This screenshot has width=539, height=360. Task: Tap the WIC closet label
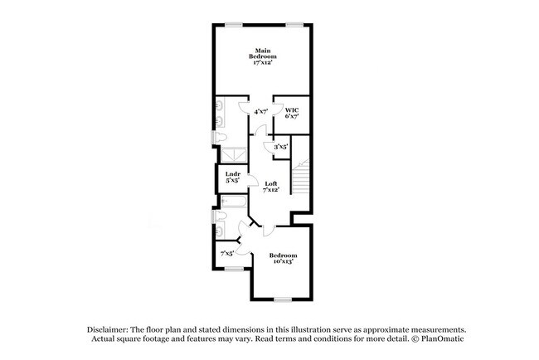[292, 114]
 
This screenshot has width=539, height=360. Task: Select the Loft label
[271, 186]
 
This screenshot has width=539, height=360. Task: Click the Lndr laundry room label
[233, 177]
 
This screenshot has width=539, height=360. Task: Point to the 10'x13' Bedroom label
[283, 258]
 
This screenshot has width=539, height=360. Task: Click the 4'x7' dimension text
[260, 110]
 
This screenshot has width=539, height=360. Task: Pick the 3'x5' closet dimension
[280, 147]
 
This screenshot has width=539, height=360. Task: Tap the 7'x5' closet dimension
[226, 253]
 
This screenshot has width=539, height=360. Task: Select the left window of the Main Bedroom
[236, 22]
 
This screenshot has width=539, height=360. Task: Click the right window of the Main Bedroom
[294, 22]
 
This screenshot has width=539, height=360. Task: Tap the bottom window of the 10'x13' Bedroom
[284, 299]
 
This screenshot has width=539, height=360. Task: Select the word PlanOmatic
[430, 340]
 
